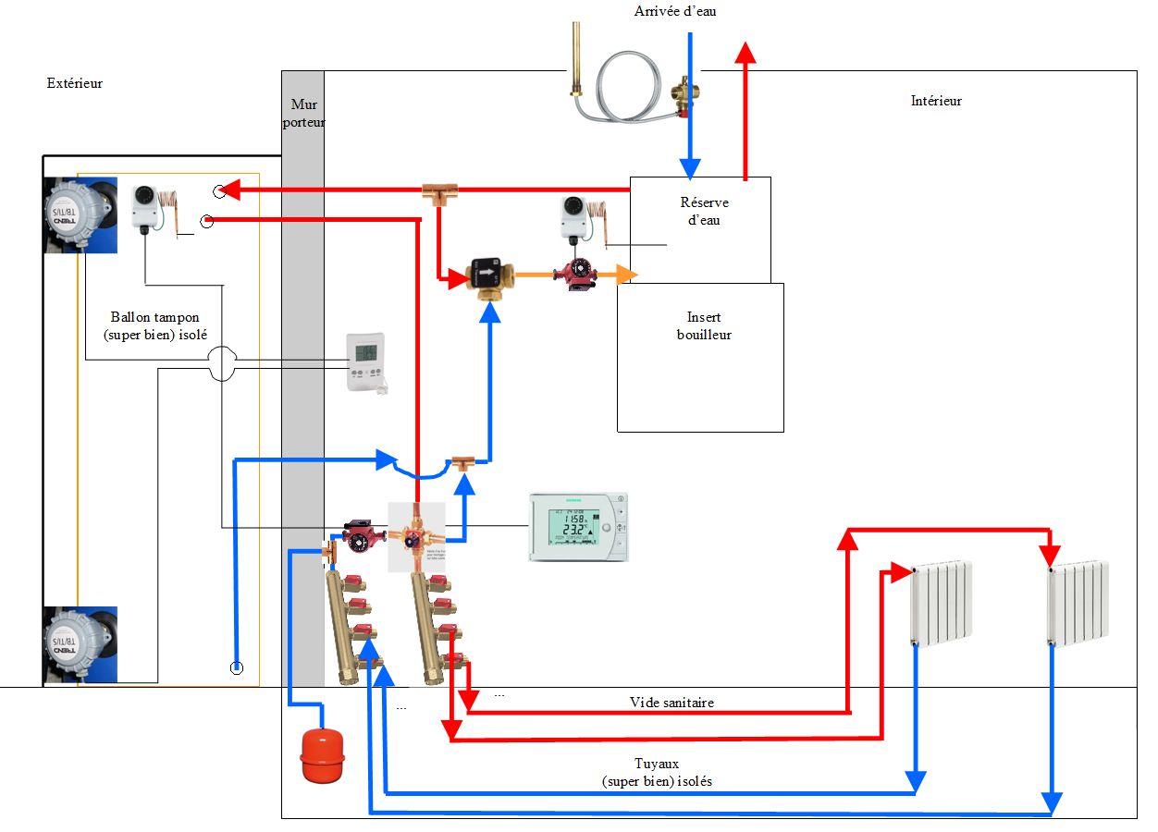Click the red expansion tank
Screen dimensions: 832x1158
[321, 756]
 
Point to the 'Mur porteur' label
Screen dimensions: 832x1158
[303, 113]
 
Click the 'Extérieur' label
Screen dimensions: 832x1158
[74, 83]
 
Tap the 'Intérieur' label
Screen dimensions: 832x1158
[936, 101]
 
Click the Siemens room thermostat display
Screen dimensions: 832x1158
[578, 527]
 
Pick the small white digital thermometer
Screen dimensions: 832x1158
[366, 361]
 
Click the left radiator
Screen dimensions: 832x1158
[941, 603]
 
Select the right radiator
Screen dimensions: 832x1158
[1078, 603]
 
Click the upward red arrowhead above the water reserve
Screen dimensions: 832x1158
[745, 54]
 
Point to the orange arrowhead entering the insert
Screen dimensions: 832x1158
[629, 274]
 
